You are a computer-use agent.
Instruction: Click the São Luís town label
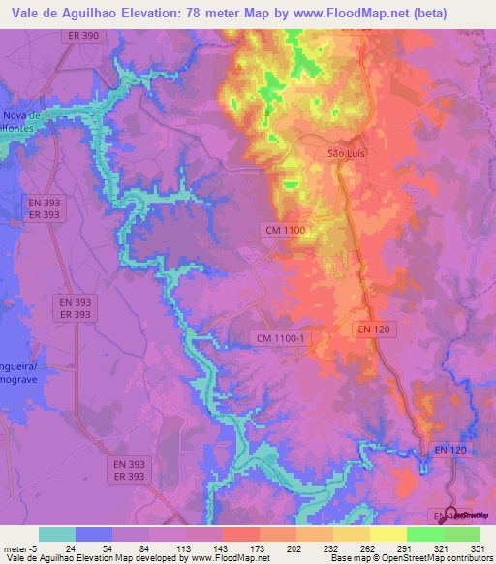(x=346, y=153)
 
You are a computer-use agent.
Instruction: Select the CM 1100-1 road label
(x=281, y=337)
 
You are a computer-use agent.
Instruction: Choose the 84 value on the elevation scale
(x=146, y=548)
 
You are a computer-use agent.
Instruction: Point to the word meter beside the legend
(x=16, y=548)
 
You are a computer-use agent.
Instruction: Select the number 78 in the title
(x=200, y=13)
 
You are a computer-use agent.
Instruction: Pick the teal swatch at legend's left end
(x=57, y=534)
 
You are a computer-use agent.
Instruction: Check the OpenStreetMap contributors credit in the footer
(x=435, y=558)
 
